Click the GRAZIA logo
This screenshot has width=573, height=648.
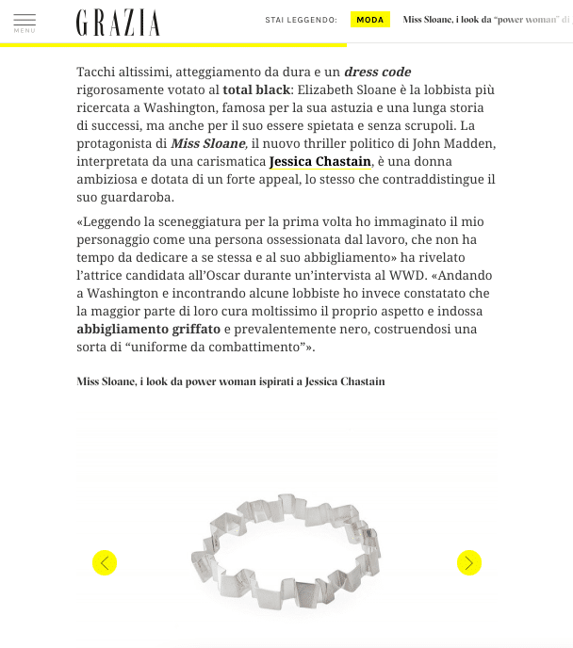coord(118,22)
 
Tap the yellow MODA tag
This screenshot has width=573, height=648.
coord(369,20)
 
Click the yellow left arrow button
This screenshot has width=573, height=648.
coord(105,563)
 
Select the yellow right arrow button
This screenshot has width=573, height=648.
coord(468,563)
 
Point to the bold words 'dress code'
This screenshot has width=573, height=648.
coord(377,72)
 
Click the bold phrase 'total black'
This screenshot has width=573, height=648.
coord(256,89)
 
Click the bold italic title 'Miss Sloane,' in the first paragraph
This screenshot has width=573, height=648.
coord(209,143)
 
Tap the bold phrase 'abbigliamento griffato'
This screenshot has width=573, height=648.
coord(149,330)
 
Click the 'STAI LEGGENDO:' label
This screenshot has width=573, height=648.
coord(301,20)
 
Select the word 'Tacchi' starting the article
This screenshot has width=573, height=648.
coord(98,72)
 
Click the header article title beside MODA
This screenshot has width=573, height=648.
coord(485,20)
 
